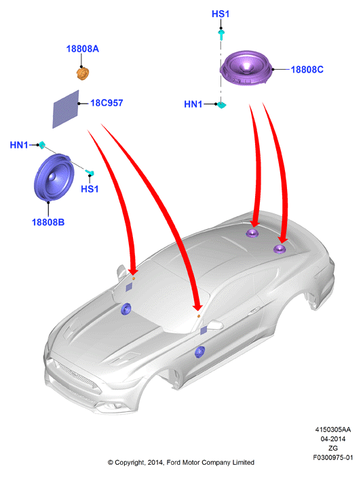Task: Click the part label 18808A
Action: point(83,49)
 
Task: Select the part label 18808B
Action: point(48,222)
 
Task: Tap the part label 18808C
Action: point(307,69)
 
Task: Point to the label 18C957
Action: point(107,103)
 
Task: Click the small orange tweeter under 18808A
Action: point(82,74)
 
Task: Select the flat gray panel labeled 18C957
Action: point(66,109)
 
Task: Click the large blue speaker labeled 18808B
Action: point(54,178)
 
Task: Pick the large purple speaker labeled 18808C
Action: point(246,68)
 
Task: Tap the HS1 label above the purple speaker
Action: point(221,14)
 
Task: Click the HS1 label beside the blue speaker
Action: point(90,189)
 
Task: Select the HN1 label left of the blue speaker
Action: point(19,145)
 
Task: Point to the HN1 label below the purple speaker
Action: point(193,104)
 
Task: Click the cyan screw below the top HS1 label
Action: point(221,35)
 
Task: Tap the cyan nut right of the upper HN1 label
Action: point(222,105)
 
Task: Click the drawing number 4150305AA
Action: point(333,430)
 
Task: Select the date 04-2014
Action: point(333,438)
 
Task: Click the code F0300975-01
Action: point(333,457)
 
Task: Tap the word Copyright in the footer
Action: point(130,462)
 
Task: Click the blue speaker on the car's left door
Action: point(199,352)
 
